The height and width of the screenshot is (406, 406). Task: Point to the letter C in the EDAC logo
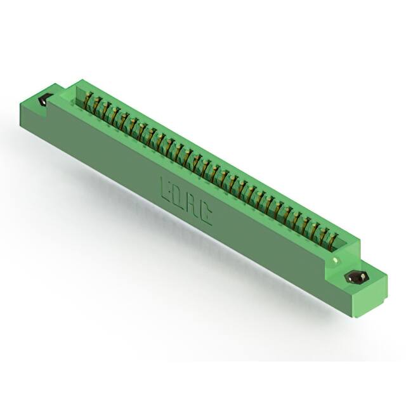(206, 216)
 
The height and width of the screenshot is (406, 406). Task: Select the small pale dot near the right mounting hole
(335, 261)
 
